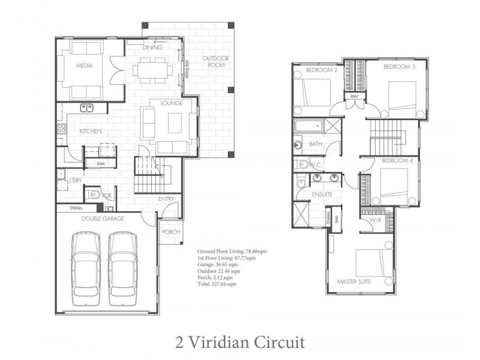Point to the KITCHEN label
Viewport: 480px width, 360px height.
(91, 131)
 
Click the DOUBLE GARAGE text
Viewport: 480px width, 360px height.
(104, 219)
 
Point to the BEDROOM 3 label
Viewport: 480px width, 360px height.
(399, 67)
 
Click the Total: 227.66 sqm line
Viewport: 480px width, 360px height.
(217, 284)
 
